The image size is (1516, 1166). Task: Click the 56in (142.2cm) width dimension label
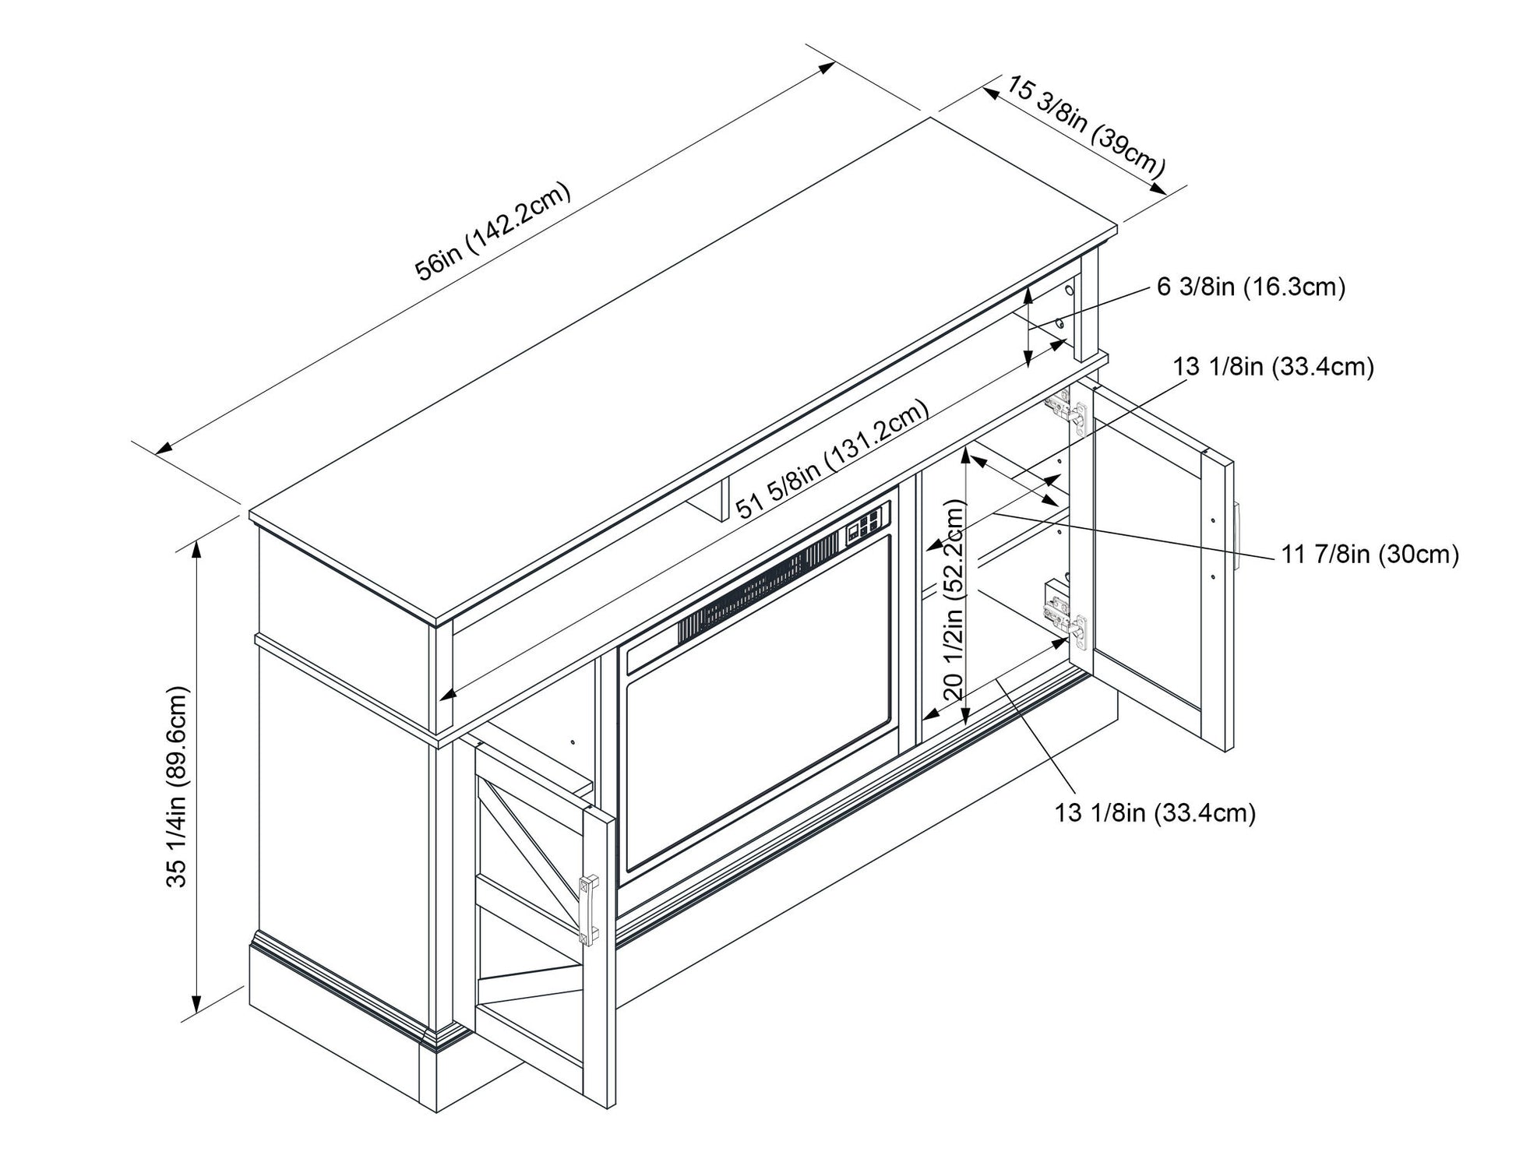[492, 231]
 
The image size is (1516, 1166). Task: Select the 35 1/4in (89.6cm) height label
[178, 787]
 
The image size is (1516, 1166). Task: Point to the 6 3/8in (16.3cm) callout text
[1252, 287]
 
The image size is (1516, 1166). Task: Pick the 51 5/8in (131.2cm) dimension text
[833, 460]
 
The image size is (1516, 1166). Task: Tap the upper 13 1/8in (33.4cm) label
[1274, 367]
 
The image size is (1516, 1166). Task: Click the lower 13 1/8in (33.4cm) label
[1155, 813]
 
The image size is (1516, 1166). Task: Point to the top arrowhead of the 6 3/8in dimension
[1029, 294]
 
